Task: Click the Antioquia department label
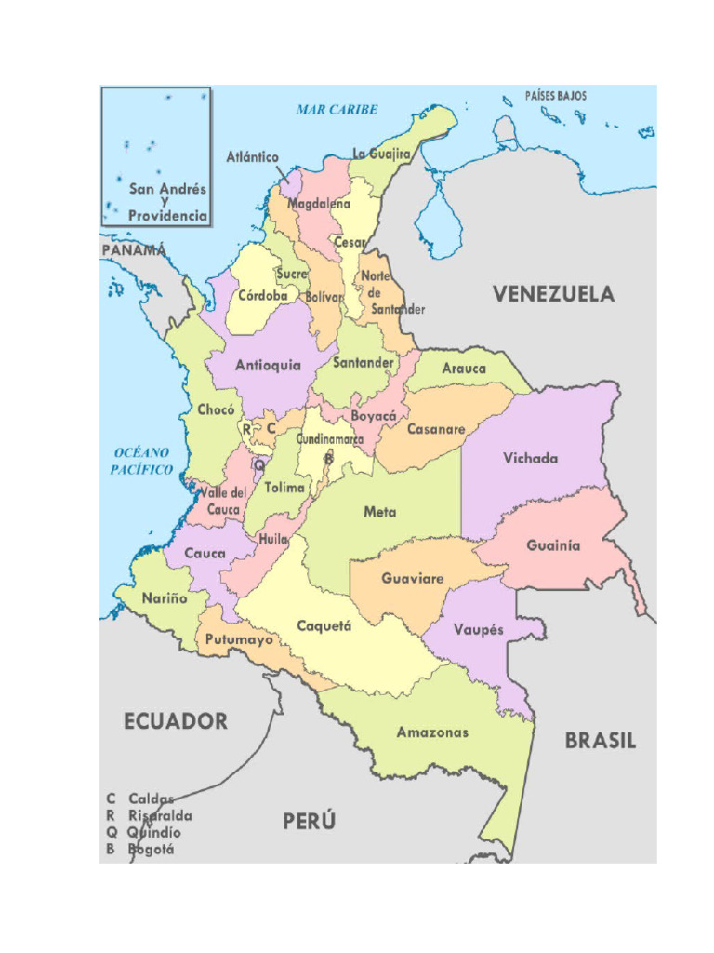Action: (268, 366)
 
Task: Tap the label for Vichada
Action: (530, 458)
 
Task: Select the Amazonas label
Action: (432, 732)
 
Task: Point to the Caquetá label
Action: (324, 626)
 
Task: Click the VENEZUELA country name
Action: (553, 294)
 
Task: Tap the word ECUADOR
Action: (176, 721)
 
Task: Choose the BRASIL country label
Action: (601, 741)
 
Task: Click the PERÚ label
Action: (309, 822)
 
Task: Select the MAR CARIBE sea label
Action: (337, 109)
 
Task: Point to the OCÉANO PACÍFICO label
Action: (142, 461)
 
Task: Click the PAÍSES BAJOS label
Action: (556, 96)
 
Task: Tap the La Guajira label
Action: (381, 154)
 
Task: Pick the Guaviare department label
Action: (412, 578)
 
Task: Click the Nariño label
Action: (164, 598)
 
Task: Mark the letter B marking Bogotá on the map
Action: (327, 458)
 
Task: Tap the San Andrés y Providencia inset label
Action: (167, 202)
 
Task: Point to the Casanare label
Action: (435, 430)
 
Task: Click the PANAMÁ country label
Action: (134, 250)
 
